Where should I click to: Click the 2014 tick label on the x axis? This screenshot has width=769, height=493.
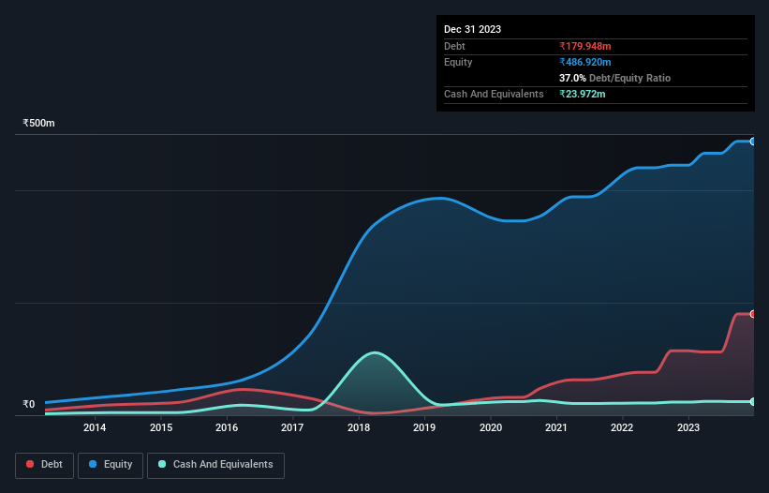point(94,428)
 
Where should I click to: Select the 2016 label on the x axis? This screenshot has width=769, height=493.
point(227,428)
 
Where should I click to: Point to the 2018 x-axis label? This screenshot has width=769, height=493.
point(359,428)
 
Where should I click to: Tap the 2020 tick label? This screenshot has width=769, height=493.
point(491,428)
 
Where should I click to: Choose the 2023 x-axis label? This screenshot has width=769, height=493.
point(688,428)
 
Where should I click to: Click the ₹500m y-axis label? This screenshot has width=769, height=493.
point(39,124)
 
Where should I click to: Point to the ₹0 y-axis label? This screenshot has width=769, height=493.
point(29,405)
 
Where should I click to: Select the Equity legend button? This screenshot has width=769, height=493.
point(111,465)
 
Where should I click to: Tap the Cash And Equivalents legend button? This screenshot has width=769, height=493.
point(215,465)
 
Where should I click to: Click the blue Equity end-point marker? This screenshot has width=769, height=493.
point(752,142)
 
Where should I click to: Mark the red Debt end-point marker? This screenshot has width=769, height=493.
point(752,314)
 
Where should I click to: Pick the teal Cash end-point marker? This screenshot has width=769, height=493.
point(752,401)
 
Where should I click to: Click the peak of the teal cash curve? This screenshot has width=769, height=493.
point(375,352)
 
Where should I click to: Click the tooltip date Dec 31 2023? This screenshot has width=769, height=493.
point(472,29)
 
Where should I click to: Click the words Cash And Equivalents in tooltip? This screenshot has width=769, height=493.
point(494,94)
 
